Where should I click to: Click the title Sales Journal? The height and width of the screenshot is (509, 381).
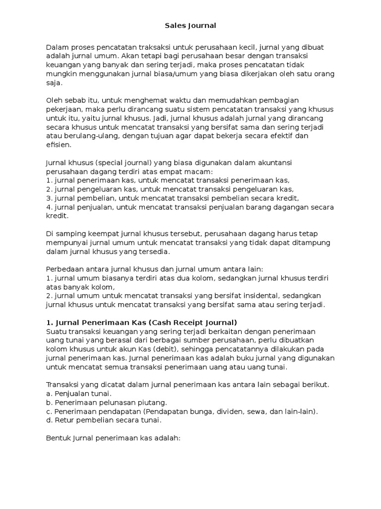(190, 24)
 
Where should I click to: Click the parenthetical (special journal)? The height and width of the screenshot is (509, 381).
(116, 163)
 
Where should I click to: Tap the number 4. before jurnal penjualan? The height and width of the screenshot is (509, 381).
(49, 207)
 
